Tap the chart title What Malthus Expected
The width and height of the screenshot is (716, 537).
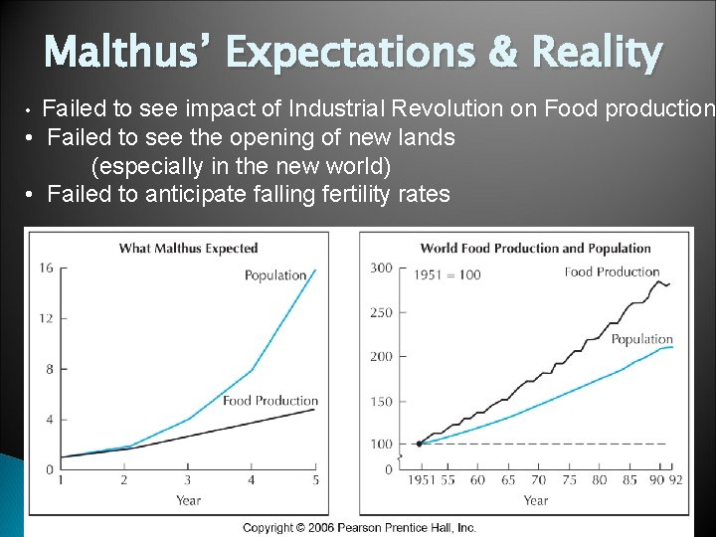[188, 248]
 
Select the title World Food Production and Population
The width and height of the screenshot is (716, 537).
[535, 248]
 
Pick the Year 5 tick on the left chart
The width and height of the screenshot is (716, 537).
[314, 480]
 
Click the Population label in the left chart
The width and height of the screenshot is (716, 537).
[275, 275]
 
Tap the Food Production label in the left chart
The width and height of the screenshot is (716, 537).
[269, 401]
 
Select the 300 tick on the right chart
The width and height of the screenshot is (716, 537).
[381, 268]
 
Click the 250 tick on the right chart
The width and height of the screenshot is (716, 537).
[381, 312]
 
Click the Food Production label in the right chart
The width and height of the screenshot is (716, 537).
[612, 271]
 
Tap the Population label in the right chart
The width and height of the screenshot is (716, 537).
[641, 339]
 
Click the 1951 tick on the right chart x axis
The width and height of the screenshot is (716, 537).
[418, 479]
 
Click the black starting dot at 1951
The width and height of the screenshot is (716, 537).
[419, 444]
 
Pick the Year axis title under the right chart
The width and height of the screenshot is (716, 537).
[536, 500]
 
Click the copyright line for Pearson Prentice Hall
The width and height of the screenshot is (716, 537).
[359, 527]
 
